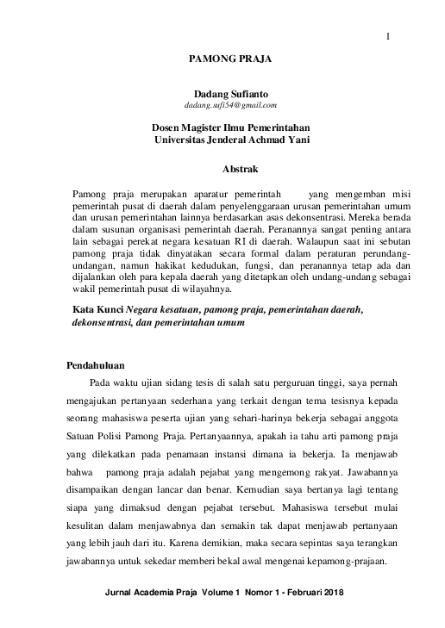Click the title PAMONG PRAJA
tap(229, 59)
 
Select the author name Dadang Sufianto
tap(229, 93)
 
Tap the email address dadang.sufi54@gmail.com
tap(229, 105)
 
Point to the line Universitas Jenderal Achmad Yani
tap(230, 139)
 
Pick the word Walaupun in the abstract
tap(307, 243)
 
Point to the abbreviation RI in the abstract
tap(227, 243)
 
